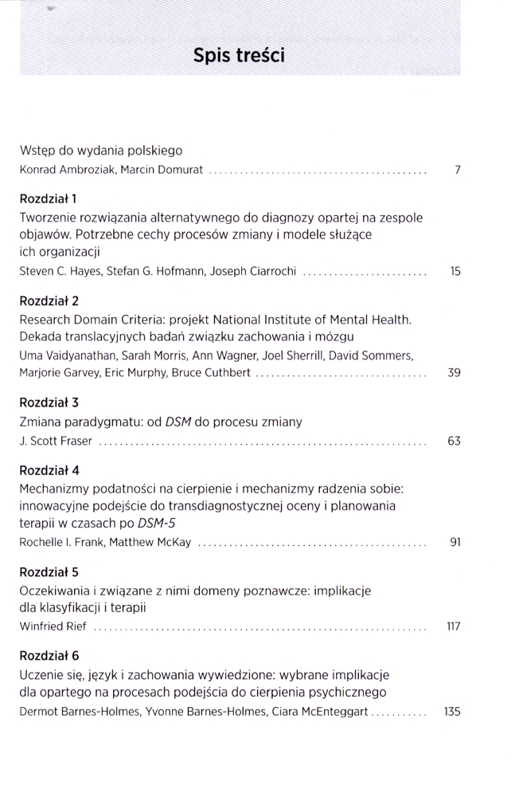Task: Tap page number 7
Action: (458, 171)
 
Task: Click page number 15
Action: (455, 272)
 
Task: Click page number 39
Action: (455, 372)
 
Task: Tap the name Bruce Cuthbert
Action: (216, 372)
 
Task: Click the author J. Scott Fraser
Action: (55, 441)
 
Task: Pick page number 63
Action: (455, 441)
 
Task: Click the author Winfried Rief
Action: (53, 626)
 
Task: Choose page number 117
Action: (454, 626)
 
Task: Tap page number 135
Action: (452, 711)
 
